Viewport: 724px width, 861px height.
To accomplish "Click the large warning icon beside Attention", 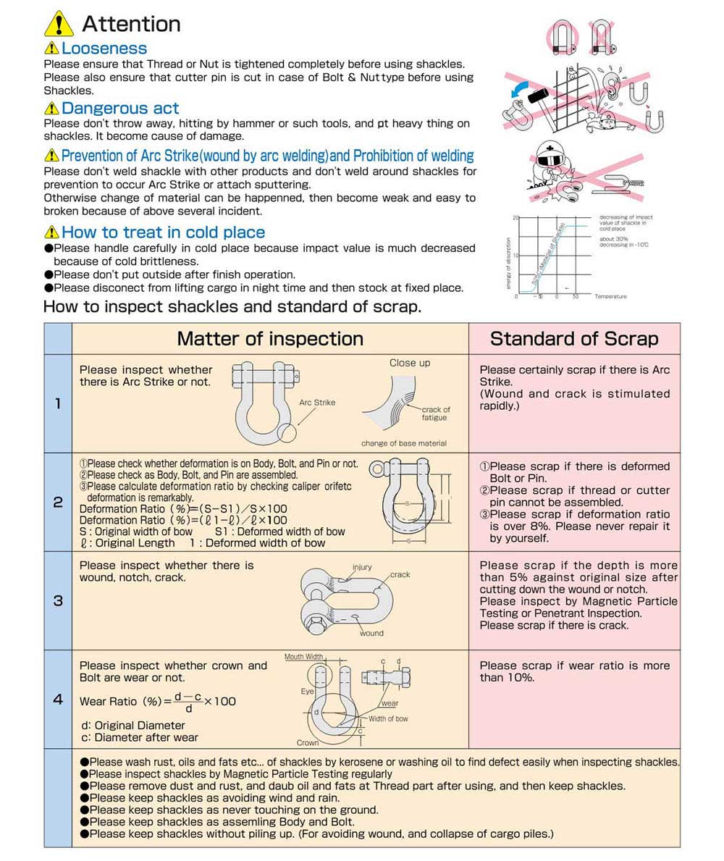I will point(59,23).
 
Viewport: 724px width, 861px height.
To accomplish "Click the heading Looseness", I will point(104,49).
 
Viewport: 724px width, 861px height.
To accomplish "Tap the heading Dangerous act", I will point(120,109).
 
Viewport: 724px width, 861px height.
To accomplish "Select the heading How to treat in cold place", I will point(163,232).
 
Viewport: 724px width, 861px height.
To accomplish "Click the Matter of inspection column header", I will point(270,338).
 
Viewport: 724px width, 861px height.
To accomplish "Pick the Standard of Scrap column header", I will point(574,338).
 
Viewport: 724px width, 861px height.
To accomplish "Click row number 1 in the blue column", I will point(58,403).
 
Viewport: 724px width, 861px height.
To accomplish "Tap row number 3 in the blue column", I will point(58,600).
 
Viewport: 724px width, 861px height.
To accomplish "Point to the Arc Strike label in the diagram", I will point(317,403).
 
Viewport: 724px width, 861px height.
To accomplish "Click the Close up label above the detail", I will point(409,363).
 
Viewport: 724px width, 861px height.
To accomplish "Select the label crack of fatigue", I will point(436,413).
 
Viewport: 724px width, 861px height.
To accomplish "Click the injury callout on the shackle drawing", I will point(362,567).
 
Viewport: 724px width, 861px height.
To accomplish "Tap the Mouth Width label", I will point(303,657).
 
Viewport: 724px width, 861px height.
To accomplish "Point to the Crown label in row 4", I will point(308,743).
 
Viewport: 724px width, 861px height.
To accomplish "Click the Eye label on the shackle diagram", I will point(307,692).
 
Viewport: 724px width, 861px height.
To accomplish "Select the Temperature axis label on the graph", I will point(611,296).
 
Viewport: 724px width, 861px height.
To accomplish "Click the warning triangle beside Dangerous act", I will point(51,109).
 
